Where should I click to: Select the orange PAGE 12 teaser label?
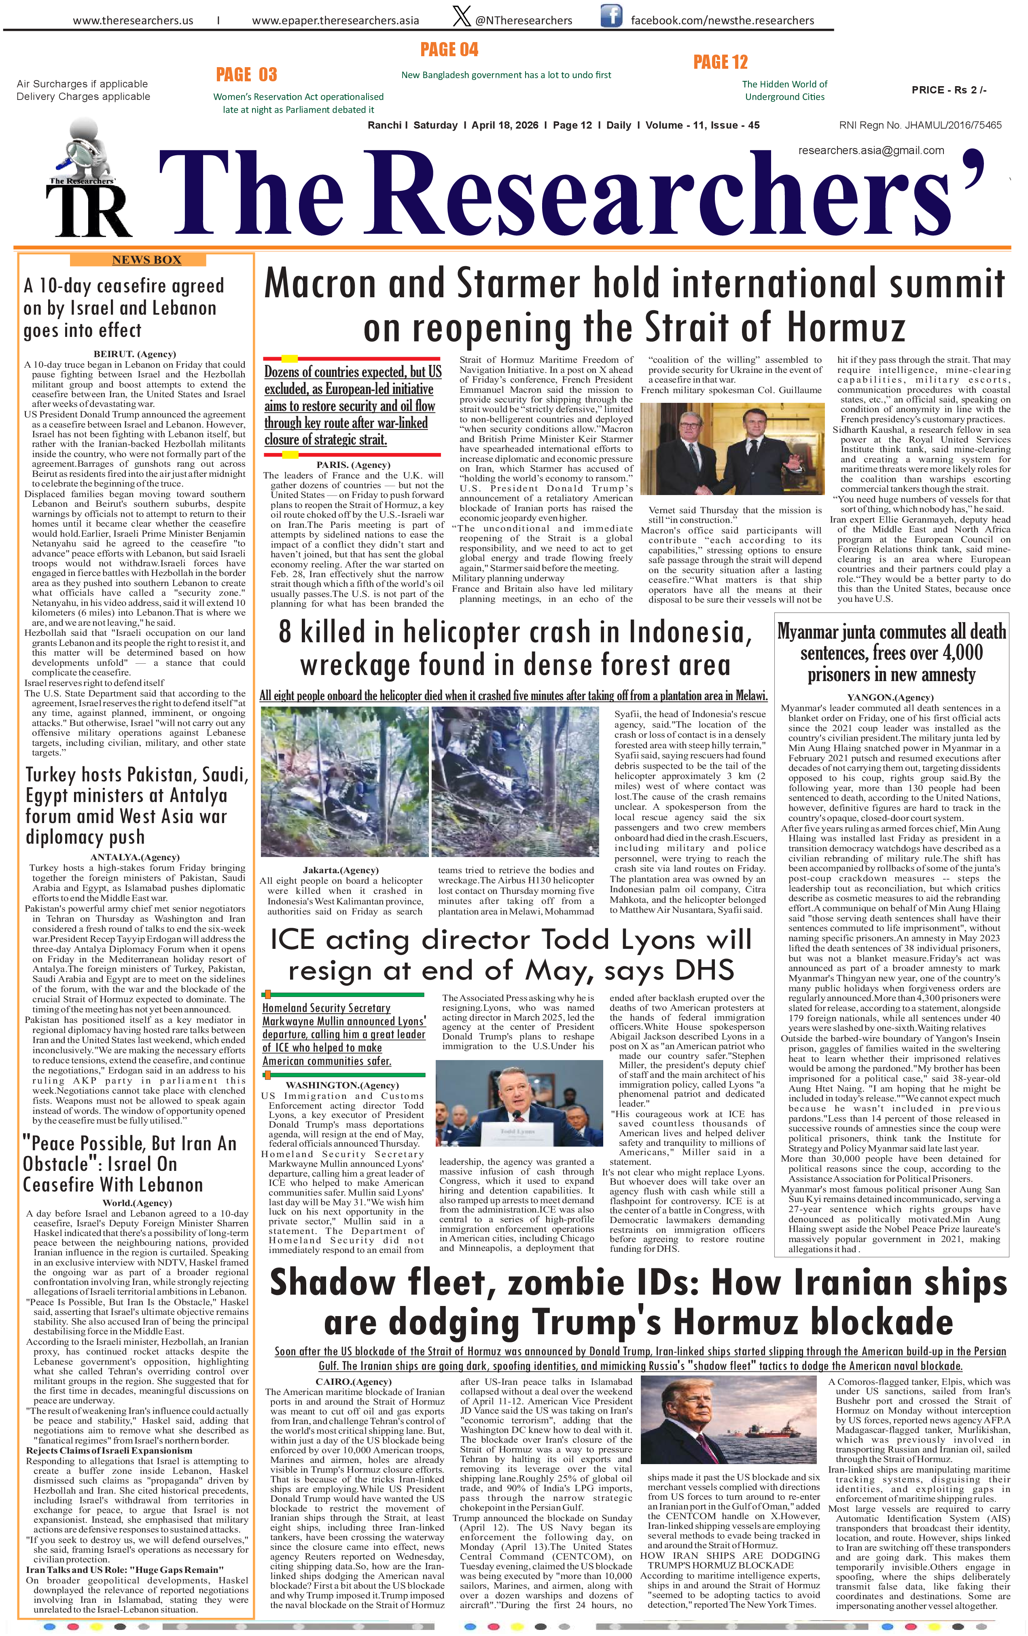pos(720,63)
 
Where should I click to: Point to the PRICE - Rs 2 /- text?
pos(949,90)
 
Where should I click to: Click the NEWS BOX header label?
pos(147,260)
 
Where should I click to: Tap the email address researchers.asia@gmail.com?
pos(871,150)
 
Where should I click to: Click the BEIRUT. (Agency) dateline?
pos(135,354)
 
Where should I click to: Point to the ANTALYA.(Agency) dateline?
pos(135,857)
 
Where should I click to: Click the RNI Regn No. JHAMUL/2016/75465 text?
pos(920,125)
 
